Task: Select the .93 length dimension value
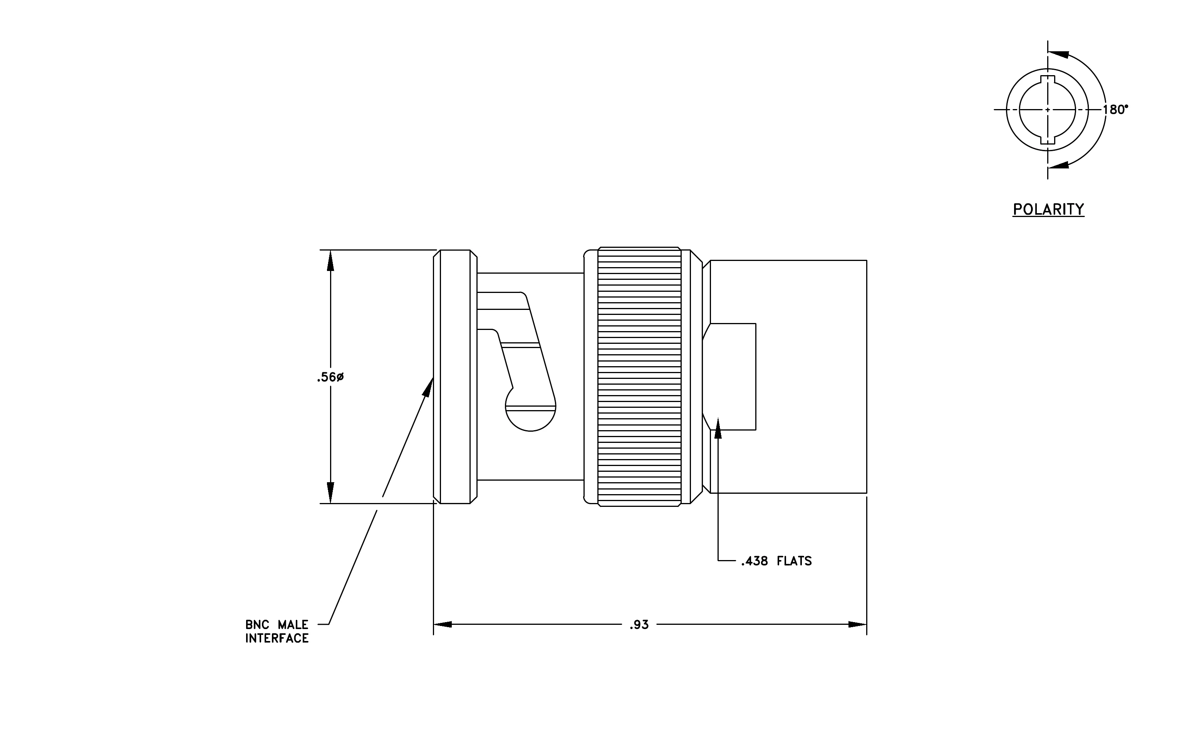tap(639, 625)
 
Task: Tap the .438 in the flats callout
tap(754, 561)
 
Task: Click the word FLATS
tap(794, 561)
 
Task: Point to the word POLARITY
tap(1048, 209)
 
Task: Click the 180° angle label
tap(1116, 109)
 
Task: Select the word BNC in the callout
tap(257, 625)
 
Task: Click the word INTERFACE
tap(277, 638)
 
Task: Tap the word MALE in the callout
tap(293, 625)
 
